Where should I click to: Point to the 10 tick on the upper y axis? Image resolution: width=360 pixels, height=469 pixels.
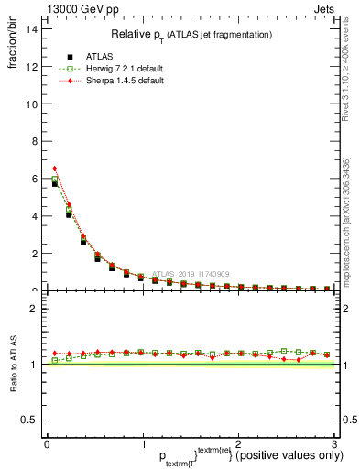(31, 104)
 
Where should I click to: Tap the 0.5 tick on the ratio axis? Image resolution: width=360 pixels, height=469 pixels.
(29, 420)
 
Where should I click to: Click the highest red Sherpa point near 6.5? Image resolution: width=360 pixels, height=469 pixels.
(55, 169)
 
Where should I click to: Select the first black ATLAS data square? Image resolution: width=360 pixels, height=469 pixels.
(55, 183)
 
